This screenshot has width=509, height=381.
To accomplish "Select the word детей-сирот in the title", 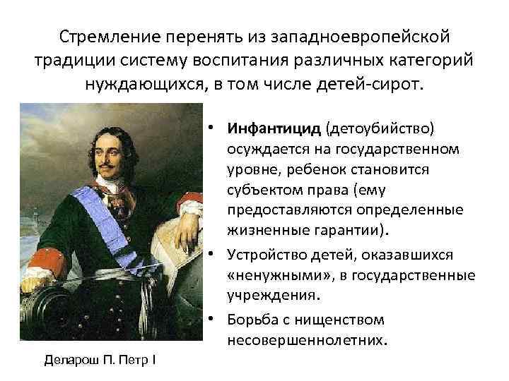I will tap(378, 85).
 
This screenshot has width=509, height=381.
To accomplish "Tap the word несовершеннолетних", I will tap(307, 340).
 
